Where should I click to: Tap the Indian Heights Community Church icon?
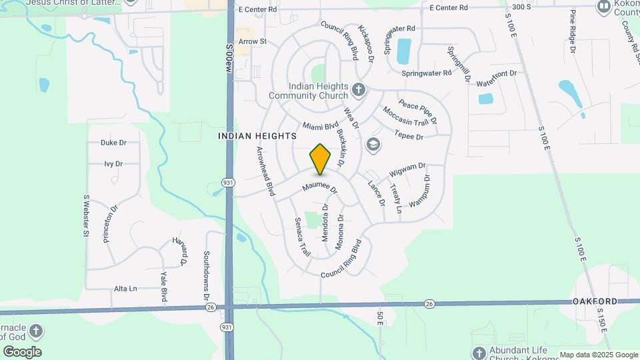point(359,89)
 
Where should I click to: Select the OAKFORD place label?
point(595,301)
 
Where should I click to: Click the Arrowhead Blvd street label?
point(265,171)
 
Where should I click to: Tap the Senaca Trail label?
point(302,236)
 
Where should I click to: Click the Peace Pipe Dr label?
point(418,111)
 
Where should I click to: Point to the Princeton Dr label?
point(111,223)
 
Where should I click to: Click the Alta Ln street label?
point(125,289)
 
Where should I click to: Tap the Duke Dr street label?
point(113,143)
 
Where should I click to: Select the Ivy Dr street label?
point(114,163)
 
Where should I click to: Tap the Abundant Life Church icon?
point(479,352)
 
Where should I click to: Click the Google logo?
point(21,352)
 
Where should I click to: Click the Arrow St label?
point(253,41)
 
